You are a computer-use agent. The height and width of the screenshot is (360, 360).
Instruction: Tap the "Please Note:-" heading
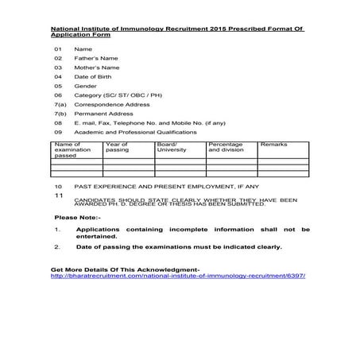pyautogui.click(x=78, y=217)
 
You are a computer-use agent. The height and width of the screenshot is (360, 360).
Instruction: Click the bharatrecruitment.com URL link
pyautogui.click(x=178, y=276)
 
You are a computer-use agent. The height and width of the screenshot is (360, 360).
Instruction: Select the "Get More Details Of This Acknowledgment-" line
pyautogui.click(x=125, y=269)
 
